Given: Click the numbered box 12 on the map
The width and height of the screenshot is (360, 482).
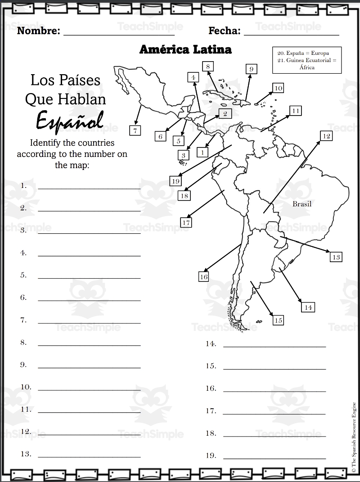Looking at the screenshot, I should click(327, 136).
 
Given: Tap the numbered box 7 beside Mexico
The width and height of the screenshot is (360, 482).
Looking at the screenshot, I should click(135, 130).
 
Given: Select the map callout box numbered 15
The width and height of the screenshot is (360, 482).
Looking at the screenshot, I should click(278, 320).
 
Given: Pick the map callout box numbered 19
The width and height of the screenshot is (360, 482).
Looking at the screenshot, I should click(175, 181).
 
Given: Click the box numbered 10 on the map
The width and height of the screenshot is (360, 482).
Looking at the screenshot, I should click(278, 88).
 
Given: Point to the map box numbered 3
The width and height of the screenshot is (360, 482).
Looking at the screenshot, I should click(183, 155).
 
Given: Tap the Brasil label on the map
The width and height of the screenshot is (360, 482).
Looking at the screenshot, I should click(302, 204).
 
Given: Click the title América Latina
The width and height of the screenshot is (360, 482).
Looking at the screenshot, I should click(185, 49).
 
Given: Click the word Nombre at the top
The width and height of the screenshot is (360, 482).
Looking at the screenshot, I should click(38, 31).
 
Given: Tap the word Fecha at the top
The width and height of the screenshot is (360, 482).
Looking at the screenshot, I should click(225, 31).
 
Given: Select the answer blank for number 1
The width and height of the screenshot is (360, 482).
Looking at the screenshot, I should click(89, 188).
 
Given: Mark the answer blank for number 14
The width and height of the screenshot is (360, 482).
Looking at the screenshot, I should click(274, 346).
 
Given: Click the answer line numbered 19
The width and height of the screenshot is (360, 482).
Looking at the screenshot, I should click(274, 458).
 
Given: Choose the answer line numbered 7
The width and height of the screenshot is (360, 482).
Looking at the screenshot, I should click(89, 322).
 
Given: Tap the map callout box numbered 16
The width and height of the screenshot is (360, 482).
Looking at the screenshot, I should click(204, 277).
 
